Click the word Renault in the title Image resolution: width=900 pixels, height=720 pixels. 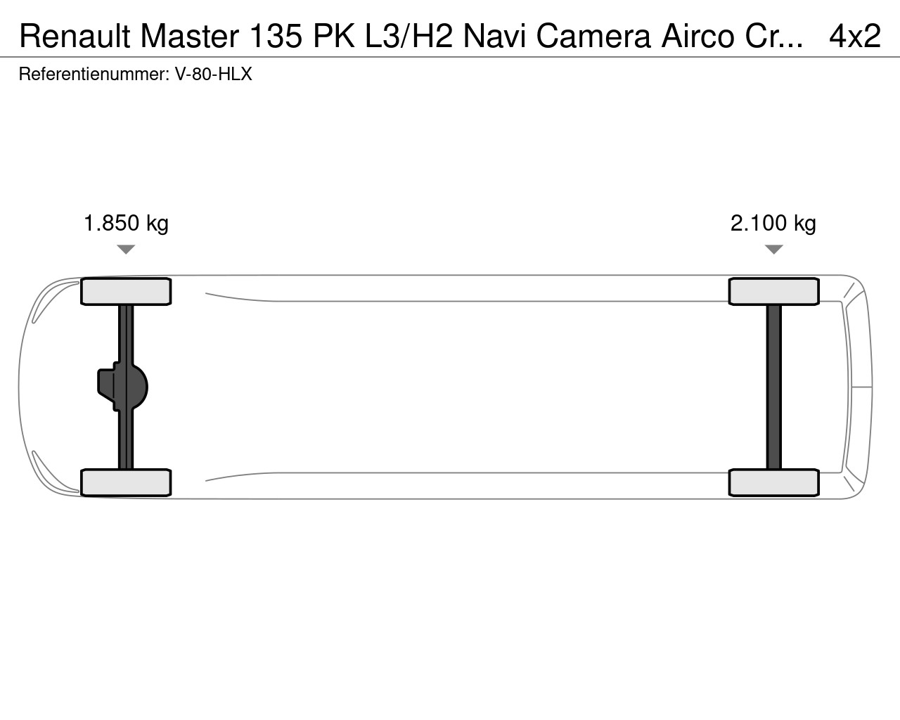(x=75, y=36)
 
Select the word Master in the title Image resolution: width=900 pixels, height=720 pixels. (x=189, y=36)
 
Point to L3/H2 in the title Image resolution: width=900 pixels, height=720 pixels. (x=409, y=36)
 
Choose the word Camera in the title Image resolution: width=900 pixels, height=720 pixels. (x=593, y=36)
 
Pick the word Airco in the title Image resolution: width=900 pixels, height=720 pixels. (x=697, y=36)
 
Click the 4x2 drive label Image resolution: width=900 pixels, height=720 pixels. (x=855, y=36)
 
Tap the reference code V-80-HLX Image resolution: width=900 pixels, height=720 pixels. (x=213, y=74)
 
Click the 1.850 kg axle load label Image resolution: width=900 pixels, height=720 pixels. (x=126, y=224)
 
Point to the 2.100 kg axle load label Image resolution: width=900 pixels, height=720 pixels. (x=773, y=224)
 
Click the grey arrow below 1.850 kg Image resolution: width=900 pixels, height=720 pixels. (x=126, y=250)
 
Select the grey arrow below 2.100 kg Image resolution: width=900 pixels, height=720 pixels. (x=773, y=250)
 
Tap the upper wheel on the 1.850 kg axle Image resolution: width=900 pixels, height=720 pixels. (x=126, y=291)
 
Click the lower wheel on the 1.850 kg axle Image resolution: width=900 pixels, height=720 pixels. (x=126, y=483)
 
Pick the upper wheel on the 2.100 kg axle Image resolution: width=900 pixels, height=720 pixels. (x=773, y=291)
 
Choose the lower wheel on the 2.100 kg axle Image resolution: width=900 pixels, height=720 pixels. (x=773, y=483)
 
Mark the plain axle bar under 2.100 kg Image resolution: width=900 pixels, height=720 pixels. (x=773, y=387)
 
